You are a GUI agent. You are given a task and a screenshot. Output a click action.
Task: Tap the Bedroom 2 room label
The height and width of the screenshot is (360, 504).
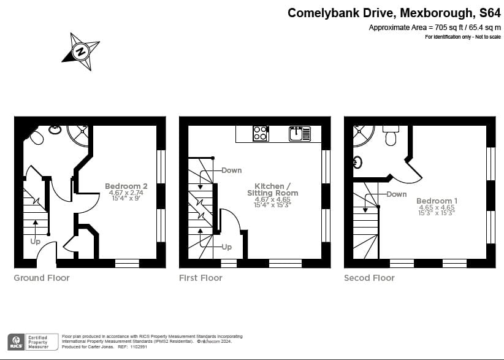coord(126,186)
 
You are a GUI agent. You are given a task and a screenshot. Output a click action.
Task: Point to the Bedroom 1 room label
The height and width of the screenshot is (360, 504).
coord(437,201)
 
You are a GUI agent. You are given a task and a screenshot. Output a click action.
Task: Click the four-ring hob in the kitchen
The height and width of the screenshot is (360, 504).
coord(260,133)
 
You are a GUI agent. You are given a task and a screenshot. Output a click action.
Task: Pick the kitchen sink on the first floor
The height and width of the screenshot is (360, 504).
coord(299,133)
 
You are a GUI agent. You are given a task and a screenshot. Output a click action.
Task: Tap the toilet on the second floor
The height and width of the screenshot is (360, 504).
coord(390,136)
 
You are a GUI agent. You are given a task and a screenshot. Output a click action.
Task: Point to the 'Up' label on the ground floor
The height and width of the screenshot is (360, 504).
coord(36,242)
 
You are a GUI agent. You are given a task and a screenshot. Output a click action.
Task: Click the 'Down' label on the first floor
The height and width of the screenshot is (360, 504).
coord(231,170)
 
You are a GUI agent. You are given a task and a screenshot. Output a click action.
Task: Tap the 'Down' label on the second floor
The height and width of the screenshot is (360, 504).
coord(396,194)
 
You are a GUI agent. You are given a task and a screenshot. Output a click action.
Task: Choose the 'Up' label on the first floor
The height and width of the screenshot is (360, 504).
coord(226,247)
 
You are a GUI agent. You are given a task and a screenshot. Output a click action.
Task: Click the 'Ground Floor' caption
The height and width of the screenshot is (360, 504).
coord(42,278)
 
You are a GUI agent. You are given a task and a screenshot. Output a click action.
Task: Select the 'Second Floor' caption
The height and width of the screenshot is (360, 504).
coord(369,278)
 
